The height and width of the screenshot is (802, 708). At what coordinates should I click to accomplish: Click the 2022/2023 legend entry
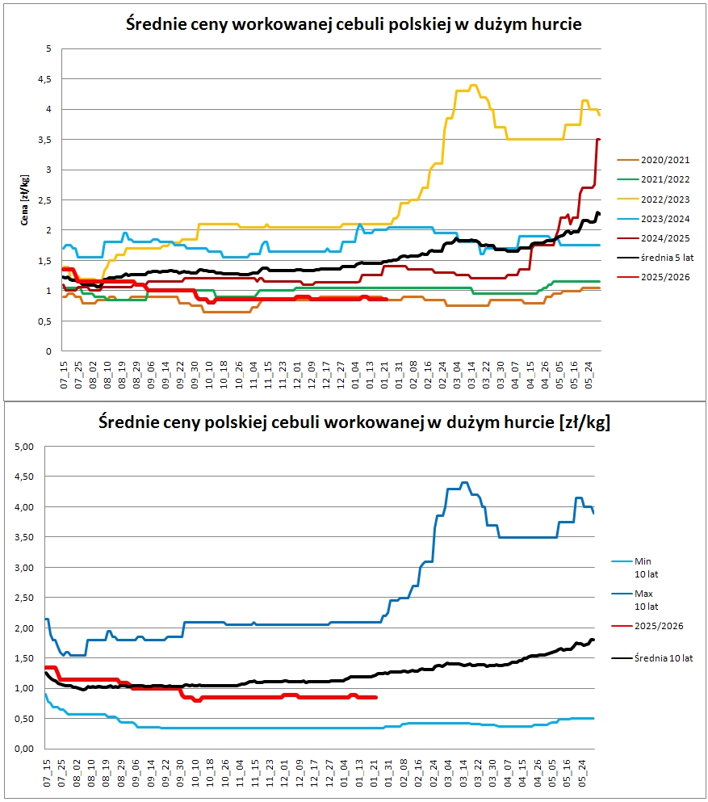click(653, 199)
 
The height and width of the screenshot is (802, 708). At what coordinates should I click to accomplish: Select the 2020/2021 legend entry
click(653, 160)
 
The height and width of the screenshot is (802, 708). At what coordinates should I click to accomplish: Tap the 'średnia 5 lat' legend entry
click(656, 258)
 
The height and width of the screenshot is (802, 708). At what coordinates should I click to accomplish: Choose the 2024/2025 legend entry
click(653, 238)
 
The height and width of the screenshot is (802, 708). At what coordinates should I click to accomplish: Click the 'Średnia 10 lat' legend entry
click(652, 658)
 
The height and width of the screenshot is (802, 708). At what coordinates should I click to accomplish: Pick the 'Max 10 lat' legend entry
click(633, 600)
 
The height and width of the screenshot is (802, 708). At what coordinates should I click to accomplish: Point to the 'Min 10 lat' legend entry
click(635, 568)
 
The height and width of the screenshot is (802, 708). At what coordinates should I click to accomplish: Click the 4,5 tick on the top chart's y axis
click(45, 79)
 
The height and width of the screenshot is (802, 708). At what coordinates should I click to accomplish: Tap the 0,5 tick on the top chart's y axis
click(45, 321)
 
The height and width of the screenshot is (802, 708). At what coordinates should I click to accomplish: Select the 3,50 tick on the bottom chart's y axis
click(24, 537)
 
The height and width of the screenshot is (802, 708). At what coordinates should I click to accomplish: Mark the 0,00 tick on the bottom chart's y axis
click(24, 749)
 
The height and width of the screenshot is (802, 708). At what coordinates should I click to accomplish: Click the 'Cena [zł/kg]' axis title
click(24, 200)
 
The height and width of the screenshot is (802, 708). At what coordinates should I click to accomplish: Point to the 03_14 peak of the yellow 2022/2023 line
click(473, 85)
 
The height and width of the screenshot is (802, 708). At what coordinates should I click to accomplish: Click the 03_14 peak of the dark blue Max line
click(464, 482)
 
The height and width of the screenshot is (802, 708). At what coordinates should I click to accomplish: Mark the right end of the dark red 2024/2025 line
click(599, 139)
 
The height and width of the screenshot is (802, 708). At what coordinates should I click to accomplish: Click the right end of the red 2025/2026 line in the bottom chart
click(377, 697)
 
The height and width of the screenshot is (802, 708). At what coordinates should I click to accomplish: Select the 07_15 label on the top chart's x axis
click(64, 375)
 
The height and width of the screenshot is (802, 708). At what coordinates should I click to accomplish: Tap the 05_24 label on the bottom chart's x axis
click(582, 773)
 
